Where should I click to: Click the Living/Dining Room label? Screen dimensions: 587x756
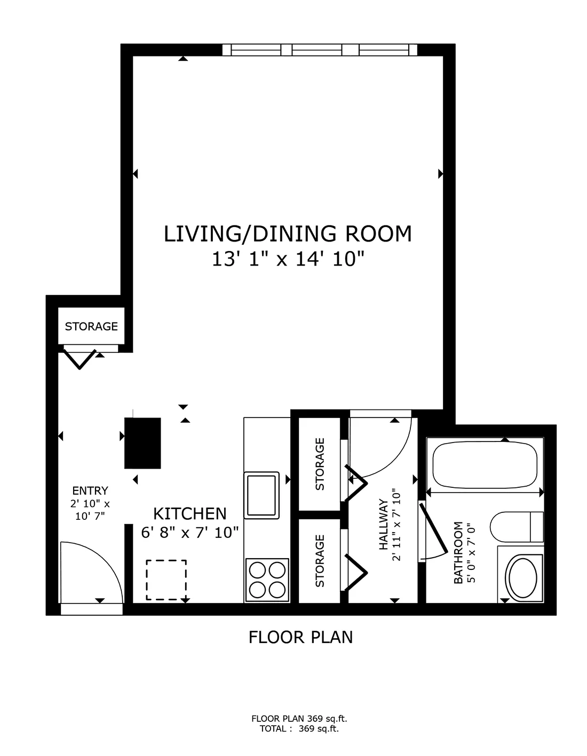click(288, 234)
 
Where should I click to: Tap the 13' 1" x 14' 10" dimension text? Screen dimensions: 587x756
click(288, 259)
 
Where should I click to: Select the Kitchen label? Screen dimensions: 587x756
click(190, 513)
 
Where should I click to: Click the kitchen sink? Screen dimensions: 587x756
click(261, 495)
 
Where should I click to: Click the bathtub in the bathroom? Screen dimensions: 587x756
click(485, 464)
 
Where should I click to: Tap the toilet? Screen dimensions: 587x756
click(517, 527)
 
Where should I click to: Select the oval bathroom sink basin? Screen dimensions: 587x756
click(522, 578)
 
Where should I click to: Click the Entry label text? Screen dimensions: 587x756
click(90, 490)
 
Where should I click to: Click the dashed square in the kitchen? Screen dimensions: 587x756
click(166, 580)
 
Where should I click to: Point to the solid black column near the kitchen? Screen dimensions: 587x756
click(142, 443)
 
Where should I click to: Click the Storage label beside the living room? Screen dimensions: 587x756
click(91, 326)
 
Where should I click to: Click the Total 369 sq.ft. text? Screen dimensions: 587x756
click(299, 729)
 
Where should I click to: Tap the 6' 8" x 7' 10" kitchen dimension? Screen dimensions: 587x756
click(190, 532)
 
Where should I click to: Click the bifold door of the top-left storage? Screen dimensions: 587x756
click(80, 358)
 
